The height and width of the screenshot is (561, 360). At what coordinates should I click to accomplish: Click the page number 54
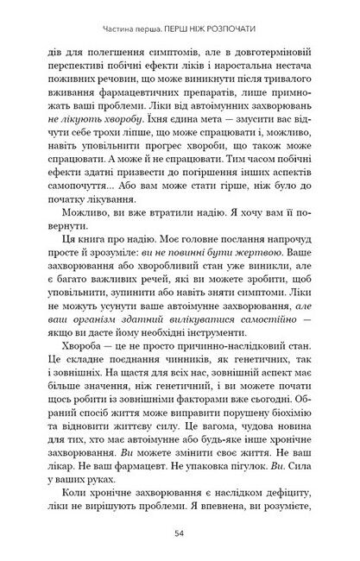point(180,533)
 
